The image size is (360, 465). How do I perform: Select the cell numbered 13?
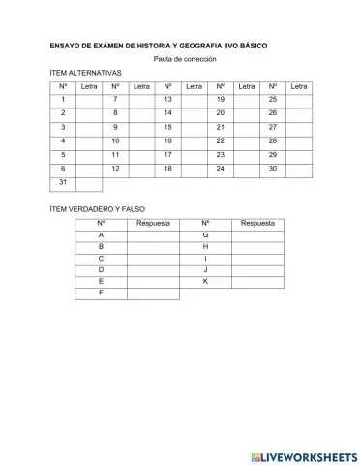(167, 100)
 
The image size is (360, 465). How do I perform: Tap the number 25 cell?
(273, 100)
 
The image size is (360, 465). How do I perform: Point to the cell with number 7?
(115, 100)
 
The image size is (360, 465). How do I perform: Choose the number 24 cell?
(221, 168)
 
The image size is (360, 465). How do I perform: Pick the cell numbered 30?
(273, 168)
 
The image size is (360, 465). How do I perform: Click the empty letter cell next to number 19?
(247, 100)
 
